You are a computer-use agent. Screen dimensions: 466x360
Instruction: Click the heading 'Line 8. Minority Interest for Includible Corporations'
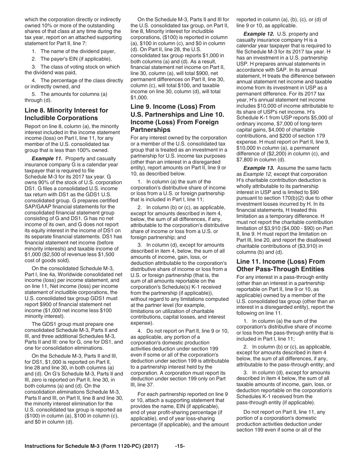tap(66, 114)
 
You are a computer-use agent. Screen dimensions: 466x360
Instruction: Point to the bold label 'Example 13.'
tap(260, 168)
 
